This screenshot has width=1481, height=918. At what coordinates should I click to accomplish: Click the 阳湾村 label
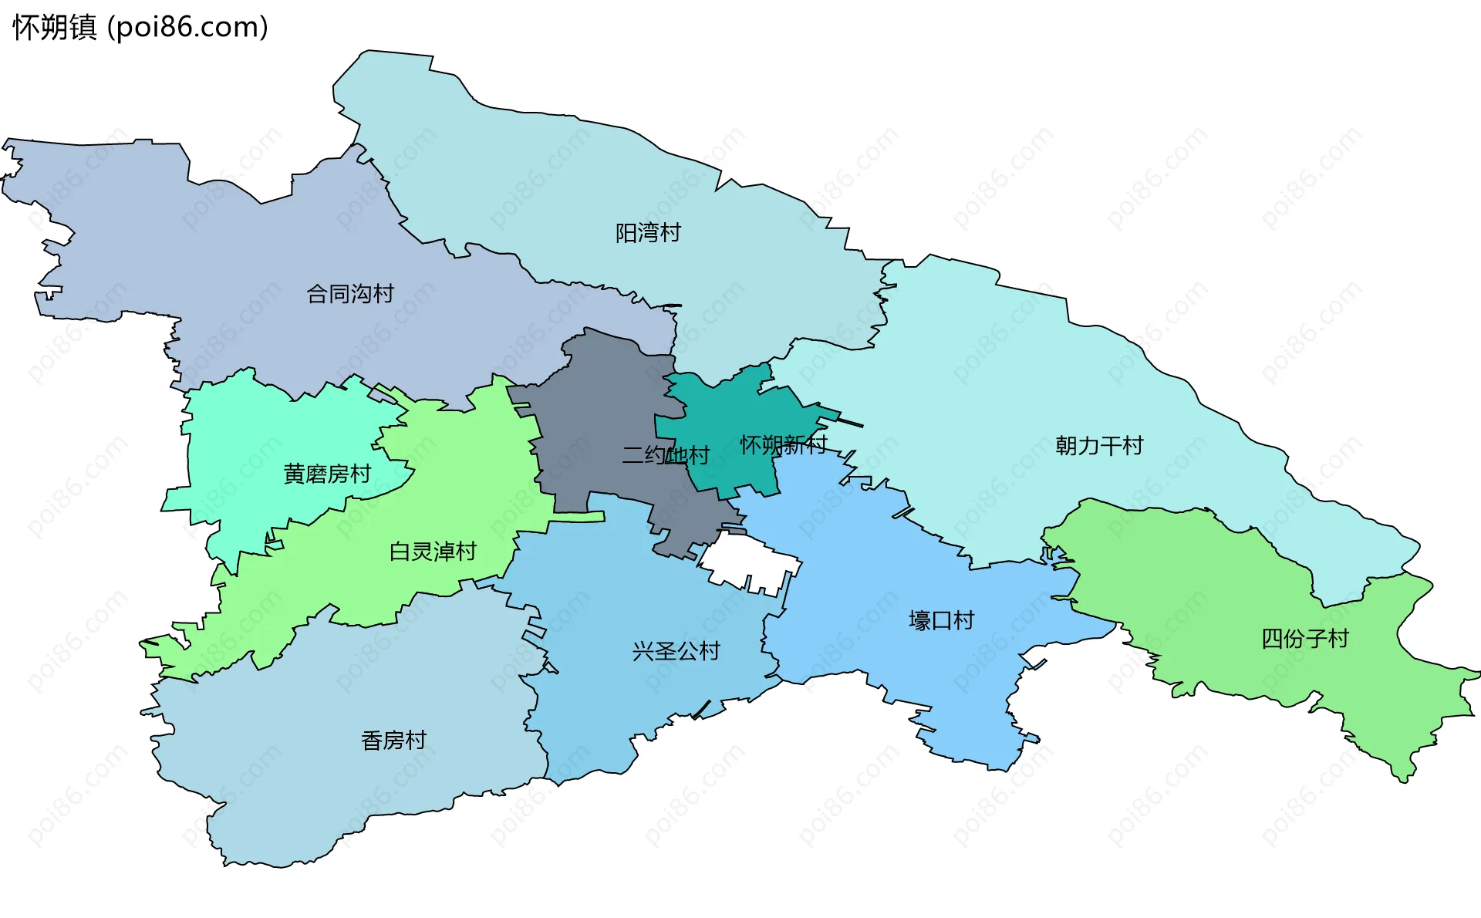[x=648, y=233]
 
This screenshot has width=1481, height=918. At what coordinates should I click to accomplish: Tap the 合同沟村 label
[x=350, y=294]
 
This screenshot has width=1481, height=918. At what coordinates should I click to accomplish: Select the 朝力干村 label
[x=1099, y=446]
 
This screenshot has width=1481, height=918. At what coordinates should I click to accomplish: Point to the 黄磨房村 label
[x=327, y=474]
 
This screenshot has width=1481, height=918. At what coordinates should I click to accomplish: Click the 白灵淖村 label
[x=433, y=552]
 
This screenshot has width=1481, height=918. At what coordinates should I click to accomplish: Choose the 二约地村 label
[x=665, y=455]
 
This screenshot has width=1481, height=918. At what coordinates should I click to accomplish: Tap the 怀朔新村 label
[x=783, y=445]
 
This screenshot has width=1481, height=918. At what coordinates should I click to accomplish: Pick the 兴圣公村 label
[x=676, y=652]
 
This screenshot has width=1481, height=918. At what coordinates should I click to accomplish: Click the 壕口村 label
[x=941, y=621]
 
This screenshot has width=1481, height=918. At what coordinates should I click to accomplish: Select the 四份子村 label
[x=1304, y=639]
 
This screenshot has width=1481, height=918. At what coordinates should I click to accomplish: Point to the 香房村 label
[x=393, y=741]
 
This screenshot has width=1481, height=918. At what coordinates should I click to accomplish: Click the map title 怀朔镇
[x=54, y=28]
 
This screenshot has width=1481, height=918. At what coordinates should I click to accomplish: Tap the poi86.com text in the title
[x=187, y=28]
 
